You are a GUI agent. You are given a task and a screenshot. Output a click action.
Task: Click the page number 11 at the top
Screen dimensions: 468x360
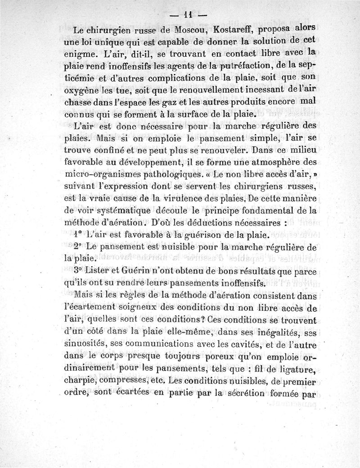[189, 15]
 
